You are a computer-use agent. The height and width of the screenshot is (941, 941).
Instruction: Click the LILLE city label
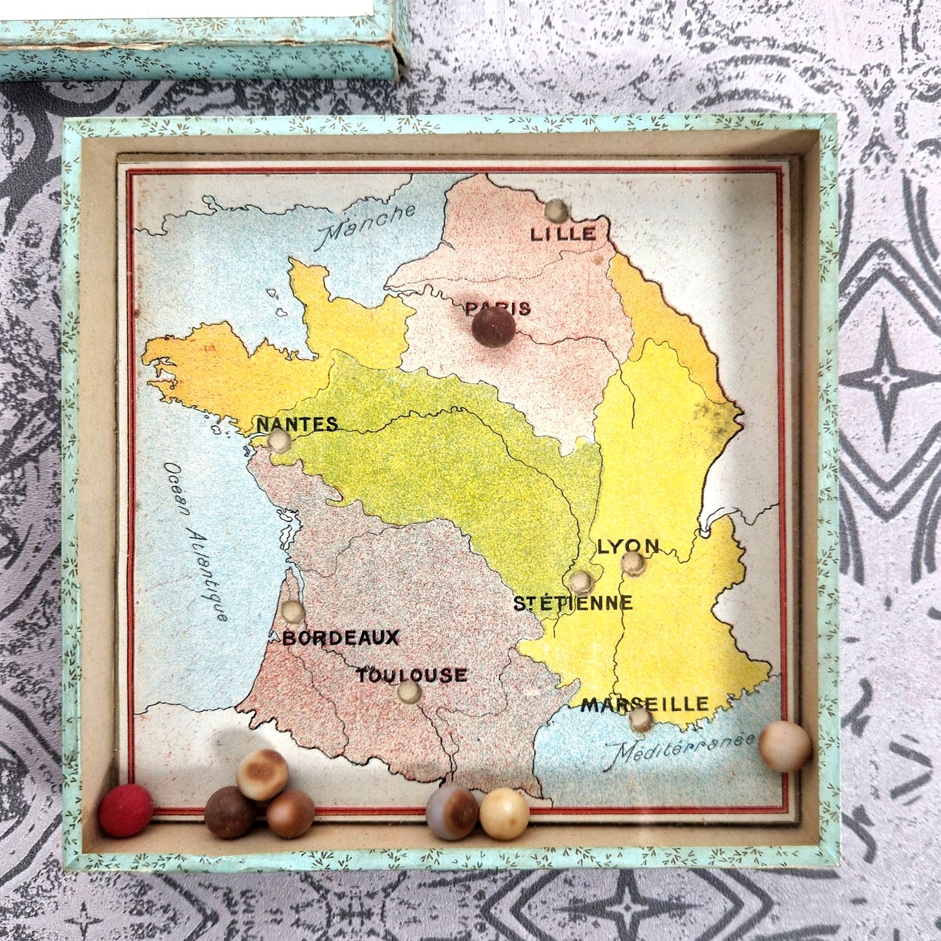click(x=563, y=234)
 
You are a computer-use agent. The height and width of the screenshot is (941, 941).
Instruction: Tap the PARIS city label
click(x=498, y=308)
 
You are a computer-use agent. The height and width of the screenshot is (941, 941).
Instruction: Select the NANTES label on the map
click(x=298, y=424)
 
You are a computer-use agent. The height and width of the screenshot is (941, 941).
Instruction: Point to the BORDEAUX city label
click(x=340, y=638)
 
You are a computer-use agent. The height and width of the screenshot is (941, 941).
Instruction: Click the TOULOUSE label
click(x=412, y=675)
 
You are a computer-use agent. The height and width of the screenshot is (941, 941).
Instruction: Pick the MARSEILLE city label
click(x=645, y=703)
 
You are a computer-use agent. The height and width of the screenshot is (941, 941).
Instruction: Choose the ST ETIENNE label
click(x=573, y=603)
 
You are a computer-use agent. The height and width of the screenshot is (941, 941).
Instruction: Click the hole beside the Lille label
click(x=557, y=210)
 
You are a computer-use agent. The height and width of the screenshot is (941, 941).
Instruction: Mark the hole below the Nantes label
click(x=281, y=442)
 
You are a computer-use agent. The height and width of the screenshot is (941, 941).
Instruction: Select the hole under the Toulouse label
click(x=409, y=692)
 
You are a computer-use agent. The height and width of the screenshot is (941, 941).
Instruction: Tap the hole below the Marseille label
click(x=641, y=719)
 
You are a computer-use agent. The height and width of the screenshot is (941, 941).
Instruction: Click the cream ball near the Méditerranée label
click(x=785, y=746)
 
